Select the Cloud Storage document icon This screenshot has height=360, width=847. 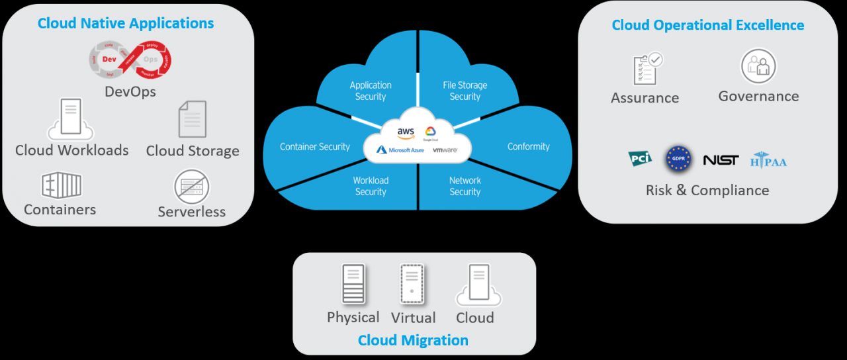point(193,120)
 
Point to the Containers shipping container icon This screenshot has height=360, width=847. point(61,185)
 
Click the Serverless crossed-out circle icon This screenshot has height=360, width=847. point(192,187)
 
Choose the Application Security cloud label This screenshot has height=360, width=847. point(371,91)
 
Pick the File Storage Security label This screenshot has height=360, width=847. point(465,91)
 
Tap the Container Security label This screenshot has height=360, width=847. point(315,147)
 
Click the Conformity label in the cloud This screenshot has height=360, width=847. point(528,147)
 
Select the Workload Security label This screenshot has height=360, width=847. point(371,186)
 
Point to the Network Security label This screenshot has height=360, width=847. point(465,186)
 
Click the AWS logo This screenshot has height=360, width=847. point(406,132)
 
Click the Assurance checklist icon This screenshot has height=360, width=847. point(647,69)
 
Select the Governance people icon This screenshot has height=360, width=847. point(758,66)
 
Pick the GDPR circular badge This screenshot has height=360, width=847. point(678,159)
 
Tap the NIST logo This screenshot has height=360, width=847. point(721,159)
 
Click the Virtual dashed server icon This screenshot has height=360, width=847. point(412,285)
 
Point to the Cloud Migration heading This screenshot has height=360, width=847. point(413,340)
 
